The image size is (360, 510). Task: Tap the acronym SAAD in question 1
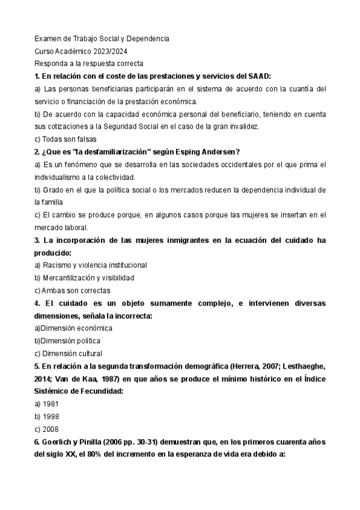coord(260,76)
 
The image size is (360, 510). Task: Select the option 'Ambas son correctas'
coord(71,290)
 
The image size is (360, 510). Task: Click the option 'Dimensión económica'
coord(76,328)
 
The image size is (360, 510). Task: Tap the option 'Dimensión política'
coord(71,340)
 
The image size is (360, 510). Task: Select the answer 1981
coord(50,404)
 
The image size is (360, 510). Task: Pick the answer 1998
coord(50,416)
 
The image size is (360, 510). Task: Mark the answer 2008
coord(50,429)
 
